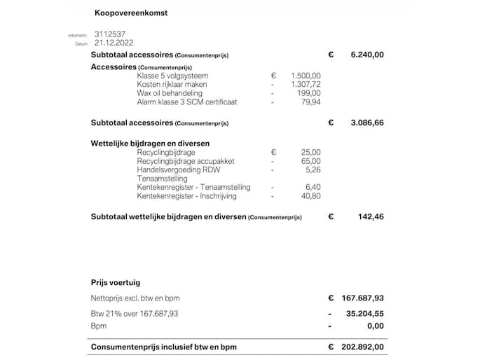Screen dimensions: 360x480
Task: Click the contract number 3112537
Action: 109,34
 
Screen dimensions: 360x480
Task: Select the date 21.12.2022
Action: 114,42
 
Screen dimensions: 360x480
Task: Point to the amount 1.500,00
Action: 306,76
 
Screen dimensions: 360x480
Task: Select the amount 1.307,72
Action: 306,84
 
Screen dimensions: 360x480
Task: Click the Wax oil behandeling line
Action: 170,93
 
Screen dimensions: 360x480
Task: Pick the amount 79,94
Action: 310,102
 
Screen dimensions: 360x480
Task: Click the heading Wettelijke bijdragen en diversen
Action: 150,144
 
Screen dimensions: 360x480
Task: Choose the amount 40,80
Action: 311,196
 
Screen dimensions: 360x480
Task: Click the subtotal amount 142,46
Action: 371,217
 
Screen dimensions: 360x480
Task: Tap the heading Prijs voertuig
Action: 116,283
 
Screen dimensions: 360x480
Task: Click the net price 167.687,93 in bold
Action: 363,298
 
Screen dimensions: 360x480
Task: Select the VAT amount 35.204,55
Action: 365,312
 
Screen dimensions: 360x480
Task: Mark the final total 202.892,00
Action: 363,346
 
